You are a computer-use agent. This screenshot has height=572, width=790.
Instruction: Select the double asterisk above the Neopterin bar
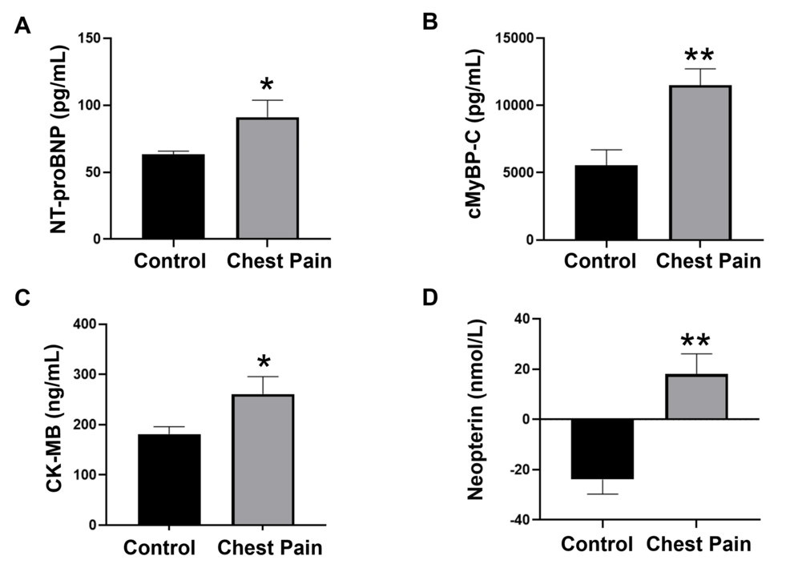tap(696, 340)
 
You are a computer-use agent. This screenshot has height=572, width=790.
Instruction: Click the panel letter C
tap(22, 298)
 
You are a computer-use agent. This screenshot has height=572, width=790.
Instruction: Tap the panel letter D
tap(429, 298)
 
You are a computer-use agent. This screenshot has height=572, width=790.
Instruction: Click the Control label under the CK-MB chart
tap(159, 548)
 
